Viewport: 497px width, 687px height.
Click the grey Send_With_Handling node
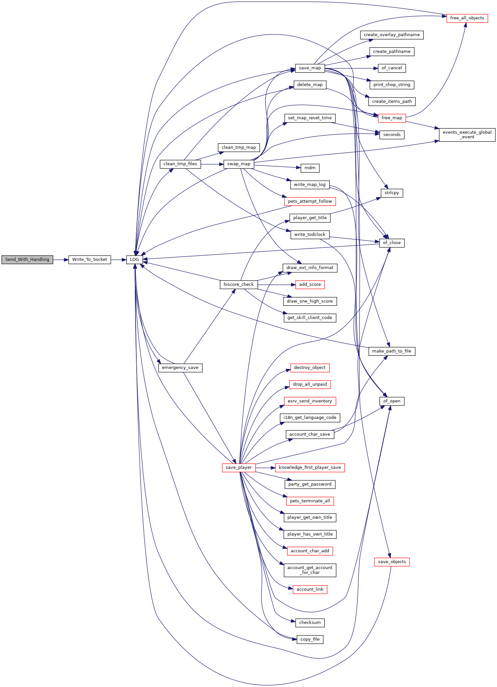coord(27,260)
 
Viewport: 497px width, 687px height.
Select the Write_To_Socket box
coord(90,260)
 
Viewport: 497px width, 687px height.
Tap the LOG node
coord(135,260)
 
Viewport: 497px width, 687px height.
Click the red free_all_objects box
coord(467,18)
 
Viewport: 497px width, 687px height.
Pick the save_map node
coord(310,68)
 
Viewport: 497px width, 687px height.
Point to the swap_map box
coord(239,164)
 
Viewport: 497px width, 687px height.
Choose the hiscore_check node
coord(239,285)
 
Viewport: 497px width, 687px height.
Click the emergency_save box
coord(180,368)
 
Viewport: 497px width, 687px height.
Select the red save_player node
coord(239,468)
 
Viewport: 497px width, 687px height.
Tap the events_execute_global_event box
coord(467,135)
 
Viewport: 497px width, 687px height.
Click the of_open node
coord(392,401)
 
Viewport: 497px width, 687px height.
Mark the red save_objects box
coord(392,562)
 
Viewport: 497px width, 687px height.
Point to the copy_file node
coord(310,639)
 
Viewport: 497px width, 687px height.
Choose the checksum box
coord(310,623)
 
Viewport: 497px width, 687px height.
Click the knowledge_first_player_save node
coord(310,468)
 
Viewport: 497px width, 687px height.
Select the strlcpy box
coord(392,193)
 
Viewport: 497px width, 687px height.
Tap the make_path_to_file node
coord(392,351)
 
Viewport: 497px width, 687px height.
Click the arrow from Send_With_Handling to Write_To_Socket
coord(61,260)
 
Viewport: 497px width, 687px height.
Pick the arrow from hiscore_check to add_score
coord(277,285)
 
